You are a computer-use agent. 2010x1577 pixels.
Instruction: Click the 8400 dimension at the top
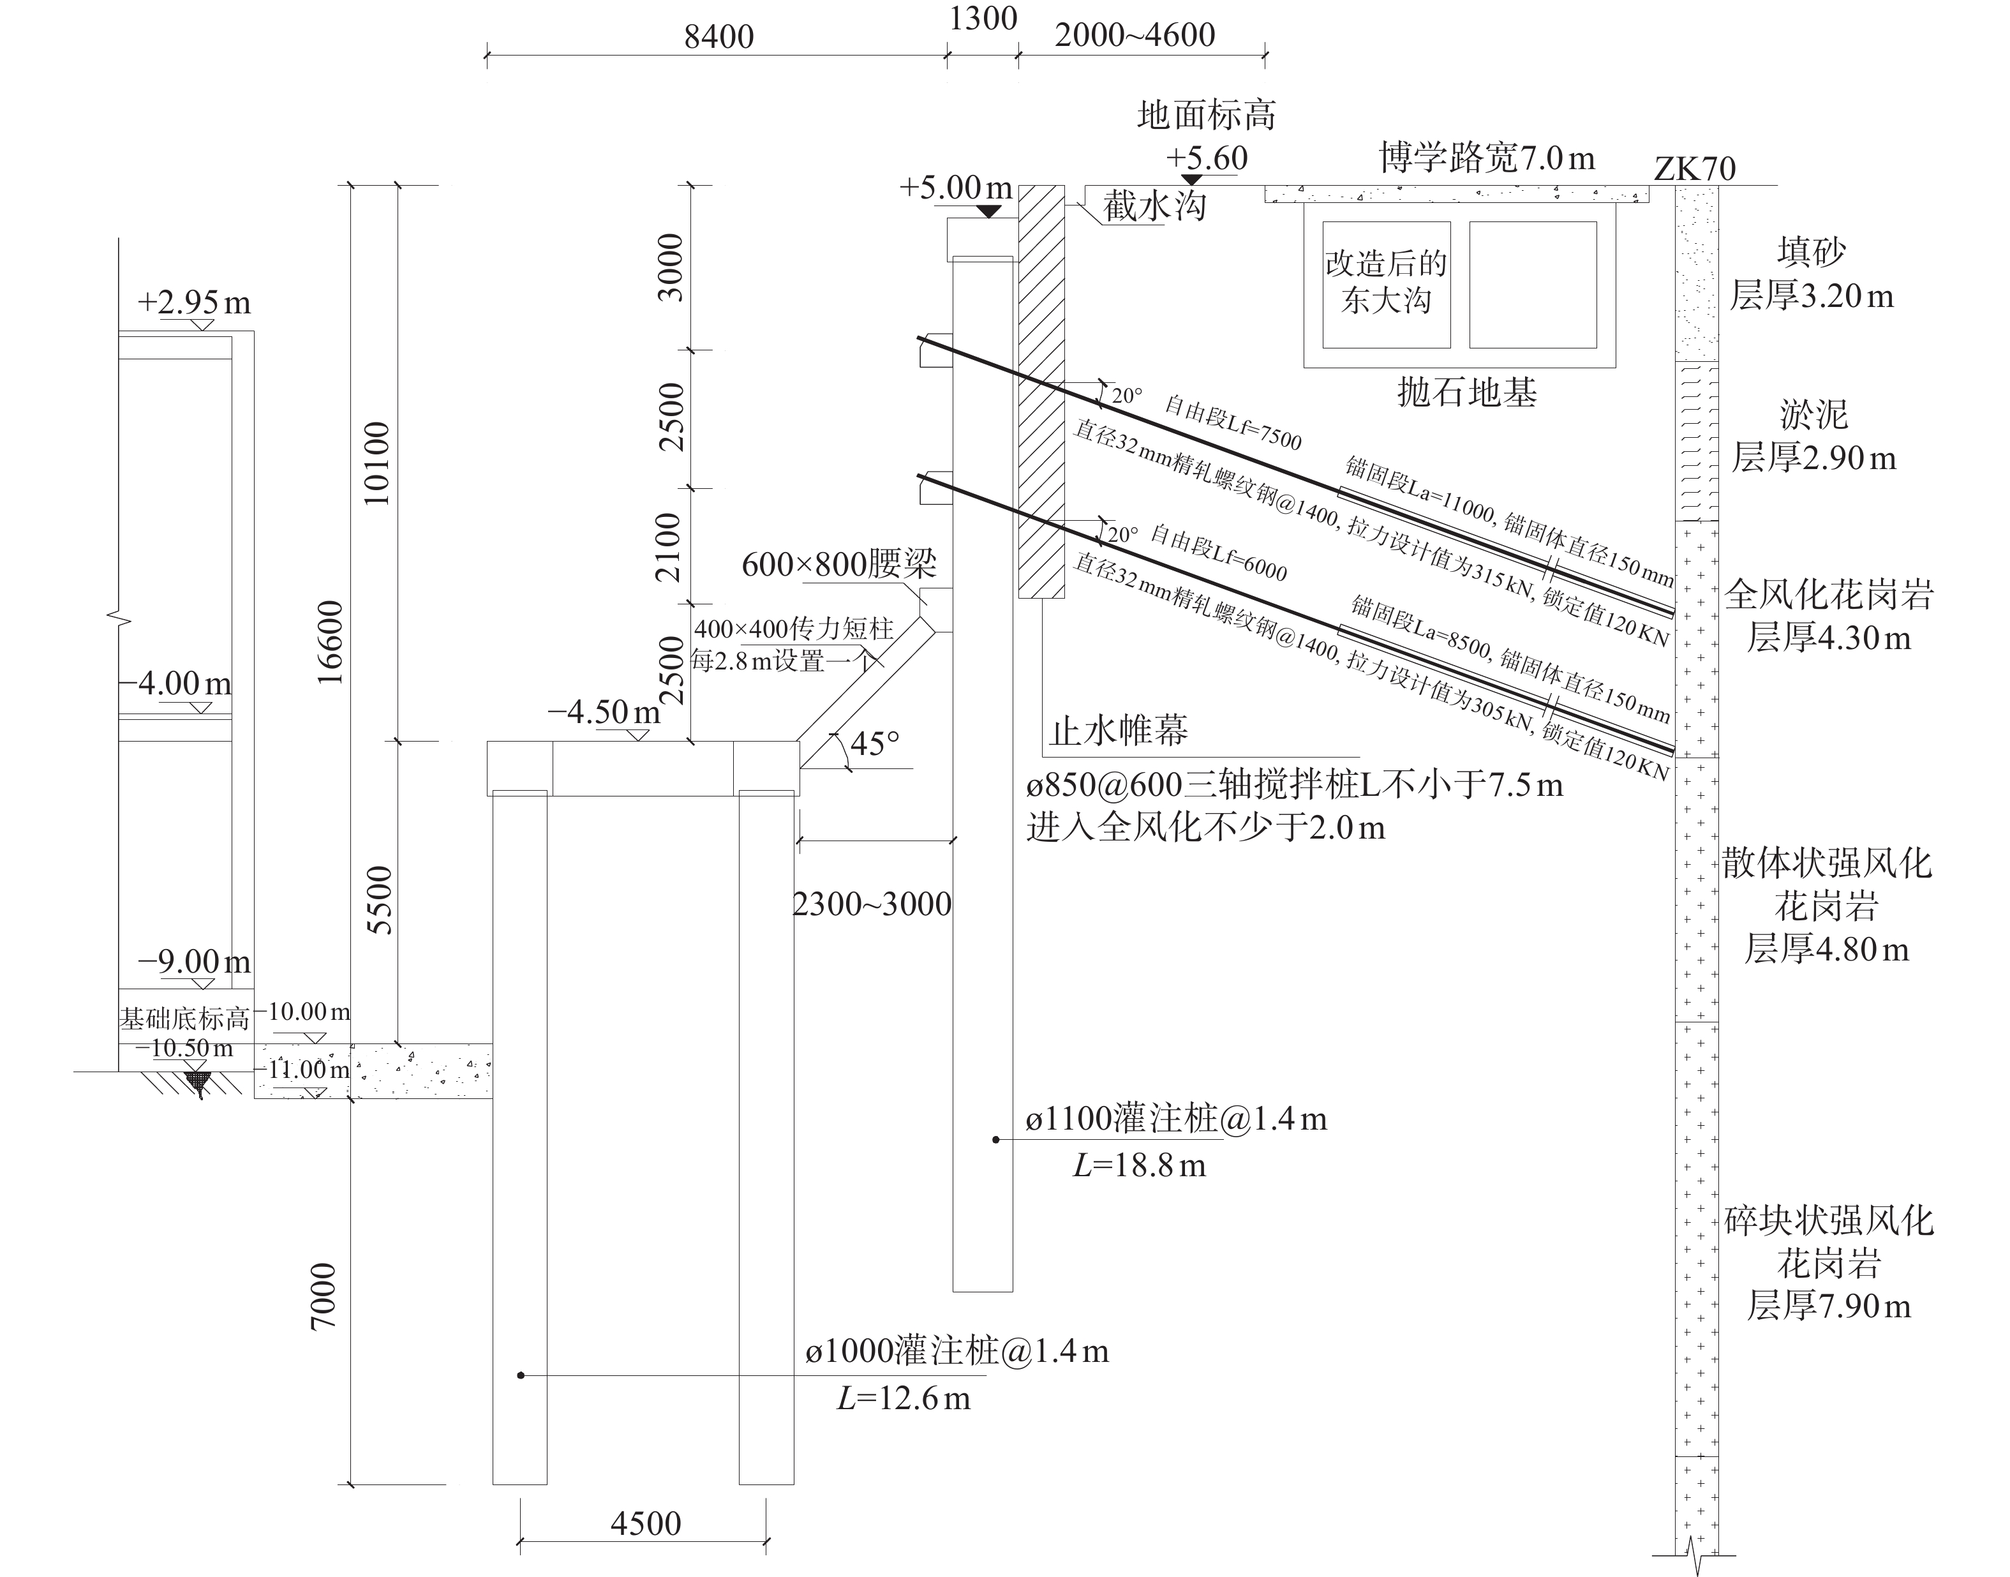click(x=718, y=37)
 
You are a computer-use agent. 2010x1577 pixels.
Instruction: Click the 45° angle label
click(x=874, y=744)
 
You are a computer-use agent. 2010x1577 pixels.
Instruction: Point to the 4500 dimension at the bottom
click(x=645, y=1523)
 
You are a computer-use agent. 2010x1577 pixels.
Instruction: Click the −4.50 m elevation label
click(x=604, y=712)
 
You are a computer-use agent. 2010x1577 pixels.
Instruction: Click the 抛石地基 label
click(x=1466, y=392)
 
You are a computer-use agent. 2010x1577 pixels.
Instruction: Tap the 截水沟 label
click(x=1155, y=205)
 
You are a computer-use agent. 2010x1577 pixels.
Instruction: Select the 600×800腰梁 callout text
click(x=839, y=564)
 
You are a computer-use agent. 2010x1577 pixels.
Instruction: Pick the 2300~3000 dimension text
click(x=872, y=904)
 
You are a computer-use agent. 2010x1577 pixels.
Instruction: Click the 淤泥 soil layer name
click(x=1813, y=415)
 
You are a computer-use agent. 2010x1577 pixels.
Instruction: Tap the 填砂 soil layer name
click(x=1812, y=251)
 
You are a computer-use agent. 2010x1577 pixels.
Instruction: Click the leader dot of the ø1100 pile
click(x=995, y=1139)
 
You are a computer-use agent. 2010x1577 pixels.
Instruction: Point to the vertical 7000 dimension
click(x=323, y=1296)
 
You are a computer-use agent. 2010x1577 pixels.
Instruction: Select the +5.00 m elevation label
click(x=956, y=188)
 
